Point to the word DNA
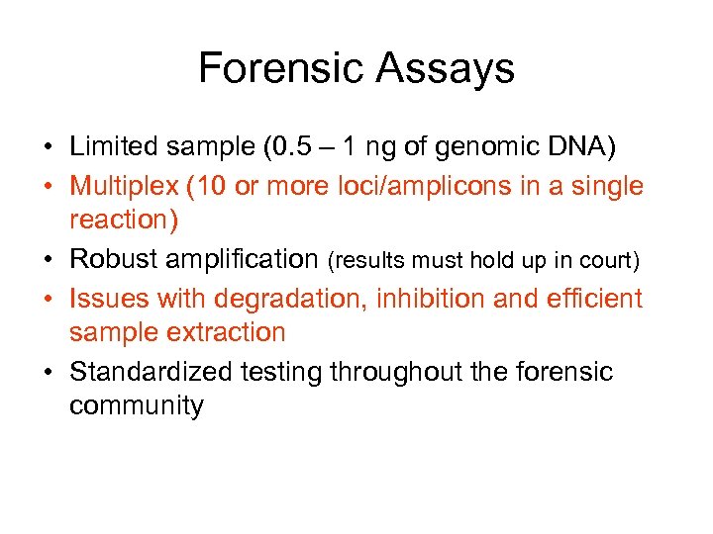pyautogui.click(x=578, y=147)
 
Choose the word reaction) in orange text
pyautogui.click(x=124, y=221)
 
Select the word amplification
pyautogui.click(x=252, y=259)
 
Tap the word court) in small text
pyautogui.click(x=614, y=260)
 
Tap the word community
pyautogui.click(x=136, y=406)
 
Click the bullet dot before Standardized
pyautogui.click(x=48, y=372)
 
